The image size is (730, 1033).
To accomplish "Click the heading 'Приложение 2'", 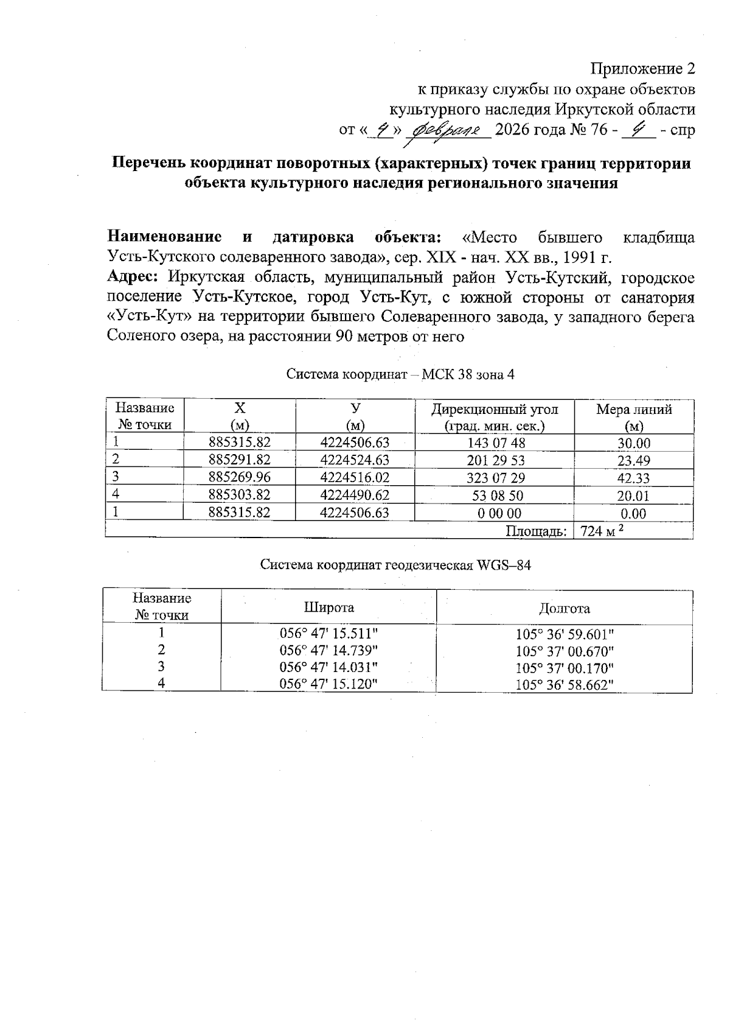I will pos(644,68).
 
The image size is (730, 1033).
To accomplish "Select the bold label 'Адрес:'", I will pos(133,277).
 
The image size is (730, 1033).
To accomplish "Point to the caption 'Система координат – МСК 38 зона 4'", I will pos(400,374).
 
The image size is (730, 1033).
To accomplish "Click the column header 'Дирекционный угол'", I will pos(494,409).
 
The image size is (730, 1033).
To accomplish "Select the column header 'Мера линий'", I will pos(634,409).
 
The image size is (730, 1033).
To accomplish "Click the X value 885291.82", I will pos(239,460).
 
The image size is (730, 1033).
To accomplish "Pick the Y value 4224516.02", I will pos(355,477).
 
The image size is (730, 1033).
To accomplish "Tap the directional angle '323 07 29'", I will pos(494,478).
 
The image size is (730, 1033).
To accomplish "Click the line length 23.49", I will pos(634,461).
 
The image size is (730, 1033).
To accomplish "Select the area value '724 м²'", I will pos(602,531).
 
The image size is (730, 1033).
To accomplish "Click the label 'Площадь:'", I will pos(536,531).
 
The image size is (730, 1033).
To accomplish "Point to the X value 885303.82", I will pos(239,495).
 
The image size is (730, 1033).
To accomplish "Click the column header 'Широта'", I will pos(329,608).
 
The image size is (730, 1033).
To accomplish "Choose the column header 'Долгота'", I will pos(564,608).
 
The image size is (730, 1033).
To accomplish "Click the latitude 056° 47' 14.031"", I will pos(328,667).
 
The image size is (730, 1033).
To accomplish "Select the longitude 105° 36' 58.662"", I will pos(564,685).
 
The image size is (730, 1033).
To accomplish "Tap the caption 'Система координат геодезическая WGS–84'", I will pos(395,565).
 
